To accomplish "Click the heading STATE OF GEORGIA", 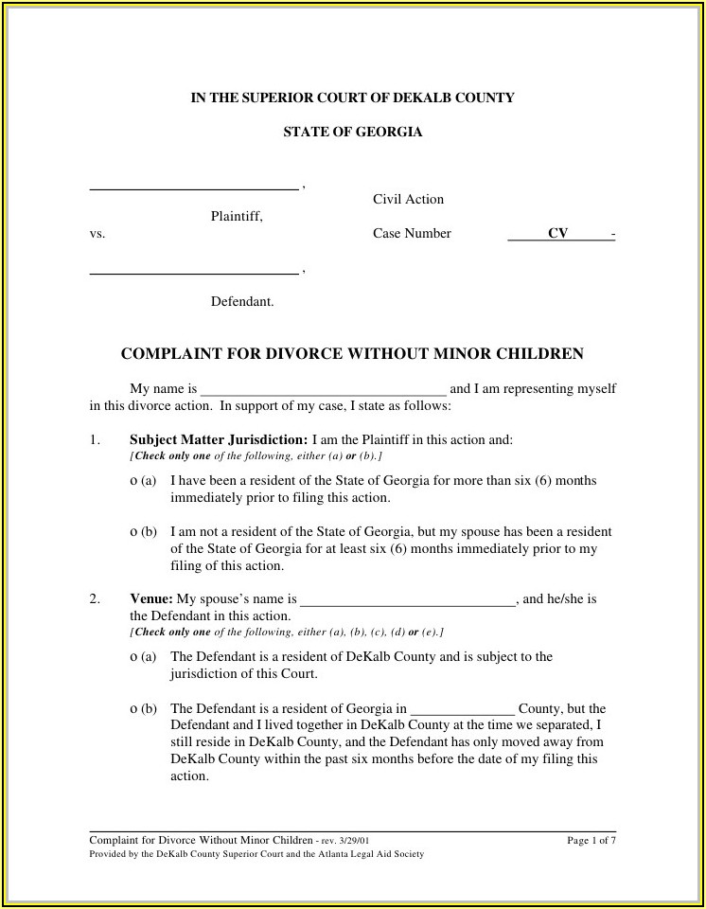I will pyautogui.click(x=352, y=133).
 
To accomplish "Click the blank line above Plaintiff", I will pyautogui.click(x=194, y=188).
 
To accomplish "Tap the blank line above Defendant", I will pyautogui.click(x=194, y=274).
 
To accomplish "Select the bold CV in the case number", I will pyautogui.click(x=557, y=234).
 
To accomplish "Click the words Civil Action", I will pyautogui.click(x=408, y=200).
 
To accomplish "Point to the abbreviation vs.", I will pyautogui.click(x=97, y=234).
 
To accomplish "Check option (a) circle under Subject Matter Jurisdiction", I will pyautogui.click(x=133, y=481).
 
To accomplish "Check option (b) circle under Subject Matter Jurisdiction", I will pyautogui.click(x=133, y=532).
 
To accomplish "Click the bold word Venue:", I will pyautogui.click(x=150, y=599).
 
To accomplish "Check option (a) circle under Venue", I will pyautogui.click(x=133, y=657).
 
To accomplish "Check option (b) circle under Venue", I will pyautogui.click(x=133, y=708).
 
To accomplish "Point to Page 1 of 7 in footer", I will pyautogui.click(x=591, y=840).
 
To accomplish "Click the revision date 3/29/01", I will pyautogui.click(x=358, y=841).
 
